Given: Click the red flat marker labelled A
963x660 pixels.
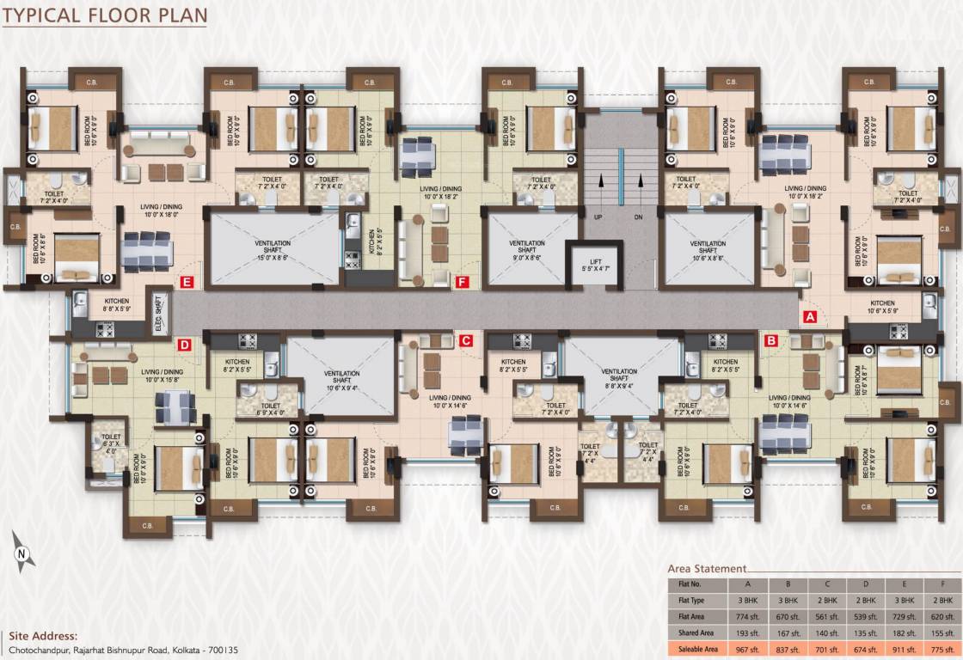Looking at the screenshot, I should [x=809, y=316].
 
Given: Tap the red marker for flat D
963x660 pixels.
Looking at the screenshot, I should [x=184, y=345].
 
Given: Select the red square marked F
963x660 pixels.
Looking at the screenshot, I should [x=463, y=281].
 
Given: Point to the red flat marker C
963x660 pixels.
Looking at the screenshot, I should [x=465, y=341].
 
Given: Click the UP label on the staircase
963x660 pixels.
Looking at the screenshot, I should [x=598, y=217].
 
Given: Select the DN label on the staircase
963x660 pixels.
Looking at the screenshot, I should [x=638, y=217].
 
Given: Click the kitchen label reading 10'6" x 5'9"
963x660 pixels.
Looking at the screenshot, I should [x=882, y=307].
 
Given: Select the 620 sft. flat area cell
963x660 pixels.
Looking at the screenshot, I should [x=942, y=616].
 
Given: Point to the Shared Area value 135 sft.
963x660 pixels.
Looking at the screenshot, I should [x=866, y=632].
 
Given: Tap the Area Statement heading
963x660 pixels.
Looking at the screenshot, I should [x=707, y=569].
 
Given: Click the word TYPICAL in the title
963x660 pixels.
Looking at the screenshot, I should [x=44, y=15].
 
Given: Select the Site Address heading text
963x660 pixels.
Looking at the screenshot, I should [x=42, y=637].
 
